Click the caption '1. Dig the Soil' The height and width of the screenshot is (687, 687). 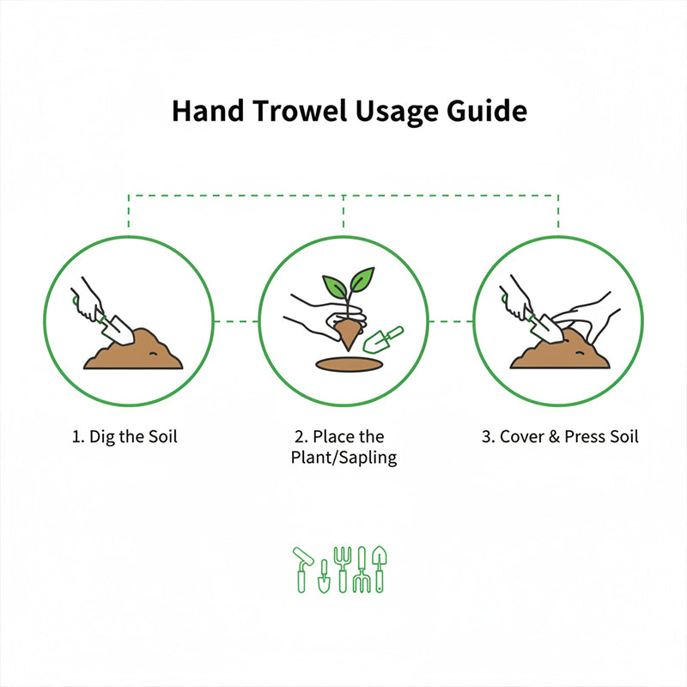tap(125, 437)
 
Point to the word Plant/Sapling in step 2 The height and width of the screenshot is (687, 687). tap(343, 458)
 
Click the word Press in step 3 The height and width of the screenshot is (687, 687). tap(585, 437)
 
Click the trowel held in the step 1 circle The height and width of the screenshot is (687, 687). tap(115, 327)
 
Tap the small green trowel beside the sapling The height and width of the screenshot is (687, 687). tap(383, 340)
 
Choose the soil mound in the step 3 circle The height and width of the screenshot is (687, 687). tap(562, 353)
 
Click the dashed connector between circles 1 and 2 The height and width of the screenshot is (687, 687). tap(236, 321)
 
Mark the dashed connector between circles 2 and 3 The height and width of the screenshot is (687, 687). tap(451, 321)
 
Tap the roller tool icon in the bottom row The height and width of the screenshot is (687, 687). tap(303, 567)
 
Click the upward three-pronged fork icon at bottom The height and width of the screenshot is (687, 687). tap(343, 567)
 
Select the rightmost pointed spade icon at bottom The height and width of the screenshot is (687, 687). tap(379, 567)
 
